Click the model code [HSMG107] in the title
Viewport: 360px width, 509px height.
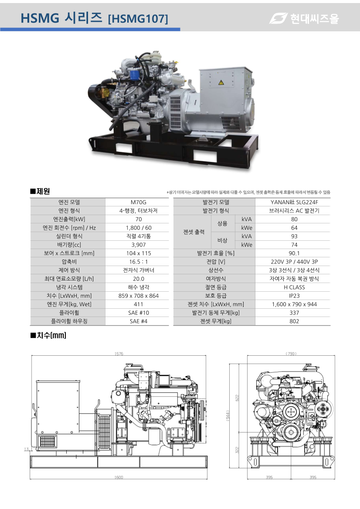tap(138, 19)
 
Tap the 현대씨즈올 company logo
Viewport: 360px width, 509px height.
tap(304, 18)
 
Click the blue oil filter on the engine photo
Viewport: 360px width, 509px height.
tap(134, 74)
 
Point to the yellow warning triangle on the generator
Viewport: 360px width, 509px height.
tap(221, 82)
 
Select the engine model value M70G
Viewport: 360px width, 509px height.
tap(139, 202)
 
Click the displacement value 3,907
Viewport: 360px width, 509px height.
tap(139, 245)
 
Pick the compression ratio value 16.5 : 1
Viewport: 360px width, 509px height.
tap(139, 262)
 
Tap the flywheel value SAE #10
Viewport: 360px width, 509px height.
tap(139, 313)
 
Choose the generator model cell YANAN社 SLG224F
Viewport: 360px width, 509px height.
tap(294, 202)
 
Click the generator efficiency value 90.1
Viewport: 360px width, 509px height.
tap(294, 253)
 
